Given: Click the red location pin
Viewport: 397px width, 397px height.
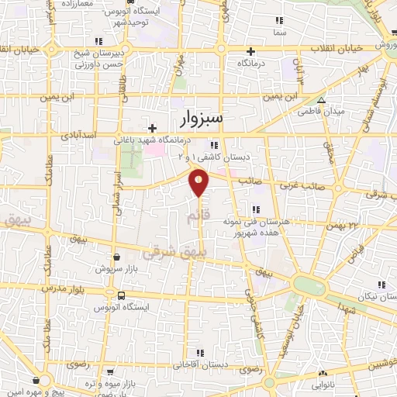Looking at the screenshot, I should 199,182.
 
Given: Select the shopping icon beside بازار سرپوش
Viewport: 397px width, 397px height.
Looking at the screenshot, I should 116,257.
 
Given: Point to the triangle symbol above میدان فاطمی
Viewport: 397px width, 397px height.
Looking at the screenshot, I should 322,100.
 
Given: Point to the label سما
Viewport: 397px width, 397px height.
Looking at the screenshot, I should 278,34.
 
